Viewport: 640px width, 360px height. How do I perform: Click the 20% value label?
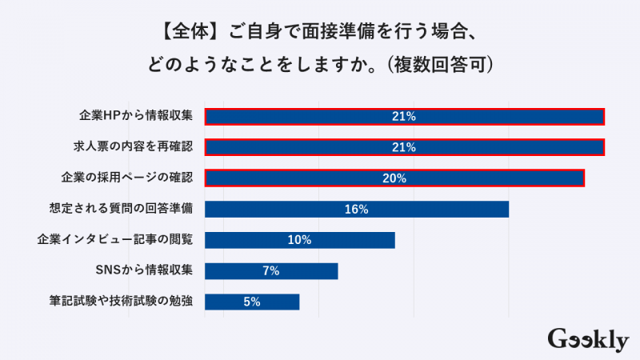click(395, 178)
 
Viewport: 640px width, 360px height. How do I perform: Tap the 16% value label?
click(356, 210)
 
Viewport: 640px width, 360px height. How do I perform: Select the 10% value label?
click(299, 240)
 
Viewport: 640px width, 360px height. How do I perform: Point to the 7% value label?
click(270, 270)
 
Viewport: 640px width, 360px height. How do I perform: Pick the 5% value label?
click(252, 302)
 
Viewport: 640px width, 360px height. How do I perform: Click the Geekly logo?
click(588, 339)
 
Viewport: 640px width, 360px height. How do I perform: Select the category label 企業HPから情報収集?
click(136, 117)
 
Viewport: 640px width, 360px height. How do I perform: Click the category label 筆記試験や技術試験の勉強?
click(121, 302)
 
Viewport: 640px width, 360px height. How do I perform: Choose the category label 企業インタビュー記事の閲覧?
click(115, 240)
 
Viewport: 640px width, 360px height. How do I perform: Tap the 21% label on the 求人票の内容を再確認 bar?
click(404, 147)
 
